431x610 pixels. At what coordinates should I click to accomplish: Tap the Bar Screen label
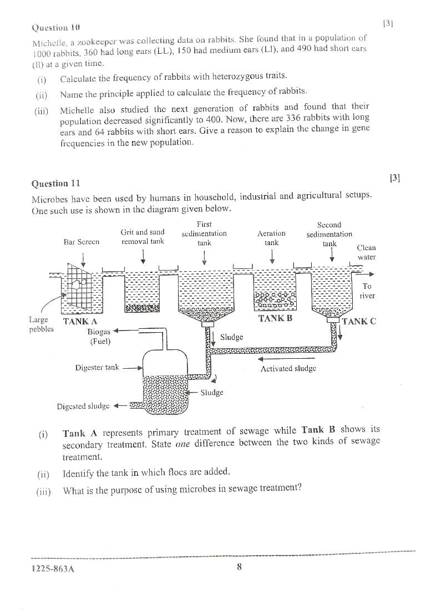click(82, 242)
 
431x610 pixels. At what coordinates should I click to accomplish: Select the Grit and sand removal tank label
click(143, 236)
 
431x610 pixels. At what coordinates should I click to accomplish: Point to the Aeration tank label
click(271, 238)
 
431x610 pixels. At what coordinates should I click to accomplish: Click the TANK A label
click(80, 321)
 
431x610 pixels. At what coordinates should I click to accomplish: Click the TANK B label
click(275, 319)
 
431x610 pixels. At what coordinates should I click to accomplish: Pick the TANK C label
click(359, 321)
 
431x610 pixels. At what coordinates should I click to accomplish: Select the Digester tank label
click(97, 367)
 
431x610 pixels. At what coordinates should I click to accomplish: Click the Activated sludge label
click(288, 368)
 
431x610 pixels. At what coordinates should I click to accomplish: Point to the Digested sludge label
click(84, 406)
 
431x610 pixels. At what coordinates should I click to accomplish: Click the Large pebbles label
click(38, 324)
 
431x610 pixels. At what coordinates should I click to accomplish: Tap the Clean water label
click(367, 252)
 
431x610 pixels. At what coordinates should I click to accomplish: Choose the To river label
click(367, 291)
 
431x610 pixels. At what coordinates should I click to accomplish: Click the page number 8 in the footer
click(239, 566)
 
